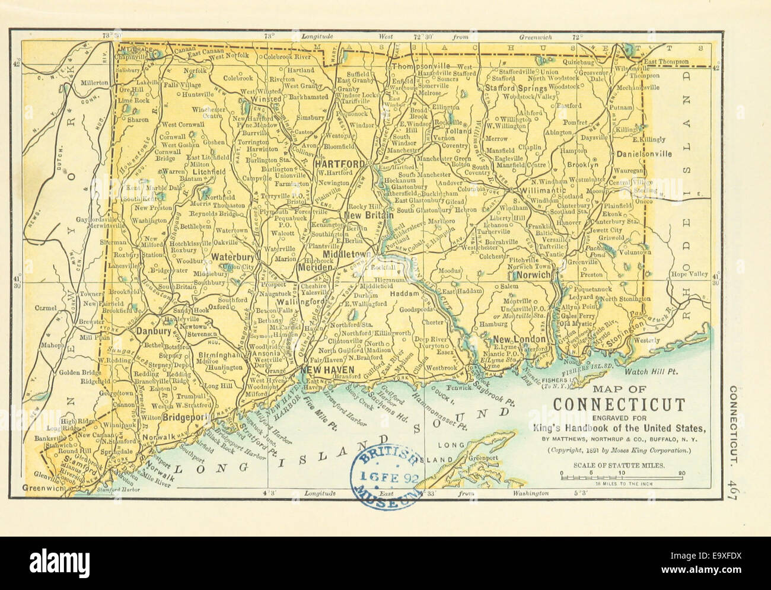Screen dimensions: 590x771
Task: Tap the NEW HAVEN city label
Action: pyautogui.click(x=327, y=370)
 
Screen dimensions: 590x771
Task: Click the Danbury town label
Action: pyautogui.click(x=154, y=331)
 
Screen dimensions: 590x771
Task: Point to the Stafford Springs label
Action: pyautogui.click(x=515, y=88)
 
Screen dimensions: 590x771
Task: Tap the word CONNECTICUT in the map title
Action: pyautogui.click(x=619, y=406)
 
